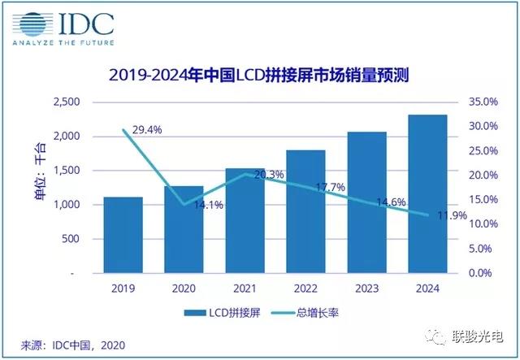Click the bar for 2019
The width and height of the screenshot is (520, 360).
pyautogui.click(x=123, y=235)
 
